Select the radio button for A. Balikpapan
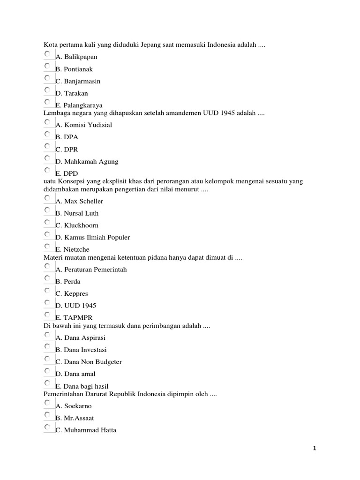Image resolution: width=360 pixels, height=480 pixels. [x=47, y=54]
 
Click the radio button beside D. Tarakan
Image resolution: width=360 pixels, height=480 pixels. [x=47, y=90]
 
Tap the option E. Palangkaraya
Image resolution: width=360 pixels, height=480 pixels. [x=79, y=105]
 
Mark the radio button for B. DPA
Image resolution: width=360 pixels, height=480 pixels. [x=47, y=134]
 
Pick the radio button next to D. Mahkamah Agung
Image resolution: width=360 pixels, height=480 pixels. [x=47, y=158]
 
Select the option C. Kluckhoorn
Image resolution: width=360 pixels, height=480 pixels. [x=77, y=225]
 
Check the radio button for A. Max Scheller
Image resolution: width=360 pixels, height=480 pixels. [x=47, y=198]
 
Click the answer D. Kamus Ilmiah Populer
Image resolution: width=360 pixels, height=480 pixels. [x=92, y=237]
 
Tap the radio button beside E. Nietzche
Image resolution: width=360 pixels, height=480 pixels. [x=47, y=246]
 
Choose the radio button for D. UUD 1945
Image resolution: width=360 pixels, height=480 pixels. [x=47, y=302]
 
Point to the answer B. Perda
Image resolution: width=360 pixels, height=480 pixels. [x=68, y=282]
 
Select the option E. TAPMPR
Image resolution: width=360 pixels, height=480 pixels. [x=74, y=318]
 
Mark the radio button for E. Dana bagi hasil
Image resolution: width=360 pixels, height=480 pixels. [x=47, y=383]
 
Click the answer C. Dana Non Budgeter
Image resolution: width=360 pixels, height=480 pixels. [x=89, y=362]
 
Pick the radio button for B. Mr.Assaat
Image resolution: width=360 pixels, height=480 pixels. [x=47, y=415]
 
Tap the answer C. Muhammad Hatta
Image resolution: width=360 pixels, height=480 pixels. [x=86, y=430]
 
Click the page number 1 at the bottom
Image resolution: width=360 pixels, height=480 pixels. [x=315, y=449]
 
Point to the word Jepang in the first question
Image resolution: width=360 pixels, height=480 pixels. [x=150, y=45]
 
